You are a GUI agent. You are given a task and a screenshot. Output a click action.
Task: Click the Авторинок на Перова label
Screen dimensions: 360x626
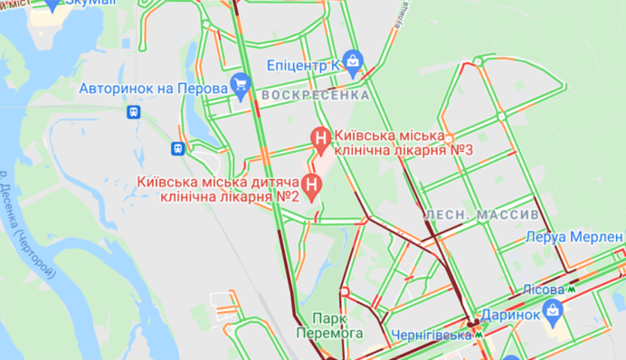click(x=152, y=90)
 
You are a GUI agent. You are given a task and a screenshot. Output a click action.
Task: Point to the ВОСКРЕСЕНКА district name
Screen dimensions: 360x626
click(x=315, y=95)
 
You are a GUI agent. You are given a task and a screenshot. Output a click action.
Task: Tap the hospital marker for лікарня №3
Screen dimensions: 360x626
click(x=319, y=138)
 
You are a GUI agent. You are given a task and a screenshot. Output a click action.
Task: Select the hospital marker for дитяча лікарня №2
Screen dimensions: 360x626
click(x=312, y=187)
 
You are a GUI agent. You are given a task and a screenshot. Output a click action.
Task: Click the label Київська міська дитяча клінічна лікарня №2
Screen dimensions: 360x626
click(x=218, y=188)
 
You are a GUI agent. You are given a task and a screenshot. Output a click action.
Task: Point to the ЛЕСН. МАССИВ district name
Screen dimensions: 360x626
click(x=482, y=215)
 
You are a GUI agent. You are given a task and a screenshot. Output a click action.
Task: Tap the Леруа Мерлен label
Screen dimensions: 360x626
click(x=574, y=237)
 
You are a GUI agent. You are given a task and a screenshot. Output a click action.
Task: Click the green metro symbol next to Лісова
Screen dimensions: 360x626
click(x=572, y=289)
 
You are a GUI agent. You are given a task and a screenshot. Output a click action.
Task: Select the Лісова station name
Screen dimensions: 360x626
click(x=544, y=289)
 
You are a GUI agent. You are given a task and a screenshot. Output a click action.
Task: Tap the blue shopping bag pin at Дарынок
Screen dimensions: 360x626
click(x=553, y=312)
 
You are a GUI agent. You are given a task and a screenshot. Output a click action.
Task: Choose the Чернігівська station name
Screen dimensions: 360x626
click(x=432, y=335)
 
